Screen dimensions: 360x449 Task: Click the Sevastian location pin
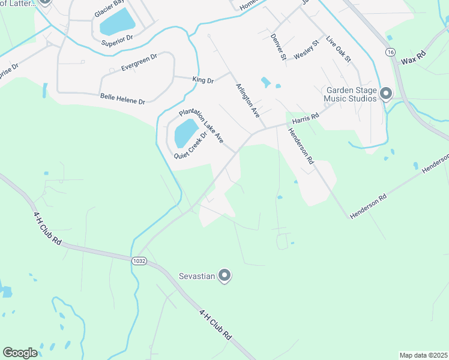(224, 275)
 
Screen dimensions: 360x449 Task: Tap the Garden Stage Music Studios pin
(386, 94)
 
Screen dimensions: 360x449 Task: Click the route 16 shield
(391, 53)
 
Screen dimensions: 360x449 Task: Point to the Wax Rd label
(413, 61)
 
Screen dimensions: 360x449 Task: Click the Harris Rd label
(305, 120)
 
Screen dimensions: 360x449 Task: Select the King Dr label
(203, 79)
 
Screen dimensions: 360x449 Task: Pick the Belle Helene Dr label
(122, 98)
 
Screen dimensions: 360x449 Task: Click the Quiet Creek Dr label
(190, 145)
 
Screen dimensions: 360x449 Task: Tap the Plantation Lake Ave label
(201, 125)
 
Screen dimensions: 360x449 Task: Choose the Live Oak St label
(338, 49)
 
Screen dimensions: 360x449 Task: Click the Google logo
(20, 353)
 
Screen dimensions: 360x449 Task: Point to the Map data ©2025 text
(423, 355)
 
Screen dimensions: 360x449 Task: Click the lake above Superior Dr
(118, 22)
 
